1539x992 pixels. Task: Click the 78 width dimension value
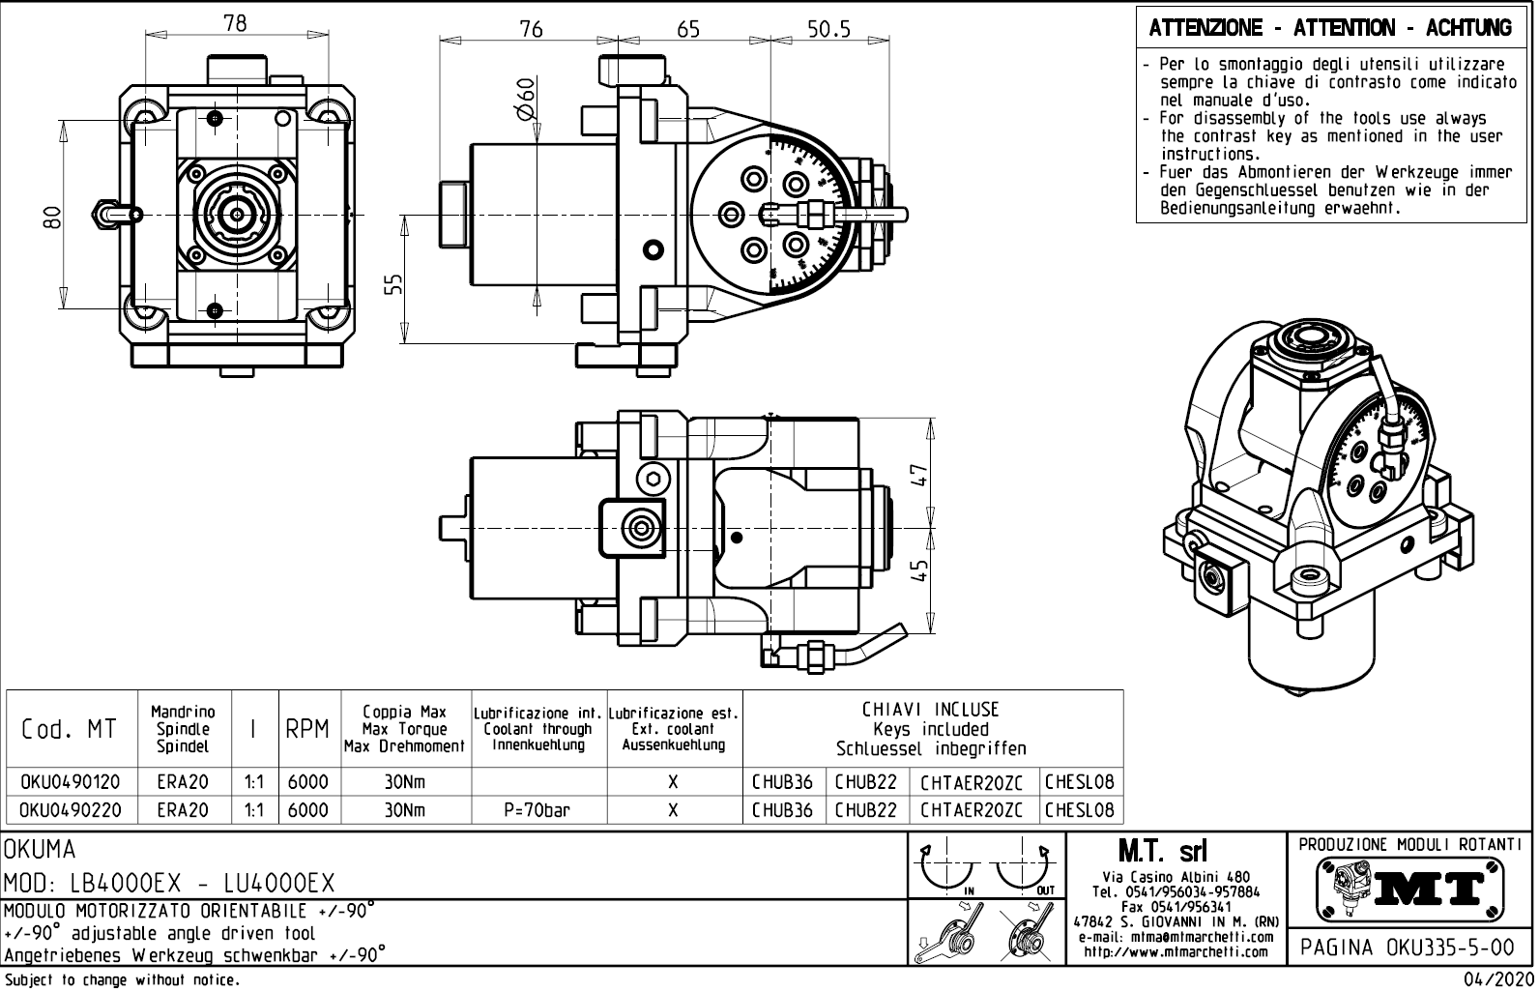coord(235,23)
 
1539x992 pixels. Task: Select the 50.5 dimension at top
coord(828,29)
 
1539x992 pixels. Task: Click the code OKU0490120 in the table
coord(71,782)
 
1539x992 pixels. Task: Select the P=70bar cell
coord(537,810)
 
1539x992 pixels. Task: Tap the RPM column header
coord(307,729)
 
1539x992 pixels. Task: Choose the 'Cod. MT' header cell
coord(69,729)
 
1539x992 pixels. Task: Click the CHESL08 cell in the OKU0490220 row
coord(1079,810)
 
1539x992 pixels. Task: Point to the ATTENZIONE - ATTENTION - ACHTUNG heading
coord(1330,28)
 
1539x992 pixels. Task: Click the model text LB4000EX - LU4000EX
coord(170,884)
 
